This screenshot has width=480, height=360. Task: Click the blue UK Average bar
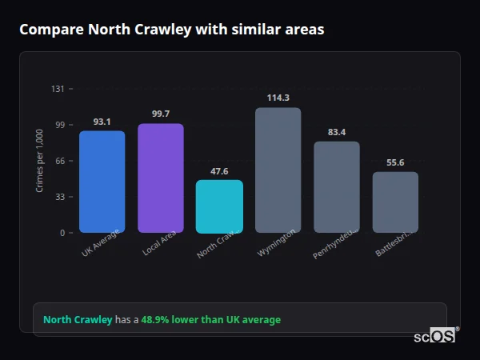[x=102, y=182]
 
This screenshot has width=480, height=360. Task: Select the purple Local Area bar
[x=160, y=178]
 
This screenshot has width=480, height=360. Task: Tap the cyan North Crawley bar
[x=219, y=206]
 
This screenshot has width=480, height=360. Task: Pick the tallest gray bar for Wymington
[x=278, y=170]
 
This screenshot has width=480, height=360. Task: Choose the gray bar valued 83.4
[x=337, y=187]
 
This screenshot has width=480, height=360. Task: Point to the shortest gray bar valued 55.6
[x=395, y=202]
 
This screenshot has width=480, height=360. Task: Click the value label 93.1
[x=102, y=122]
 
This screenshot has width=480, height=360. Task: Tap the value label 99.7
[x=160, y=114]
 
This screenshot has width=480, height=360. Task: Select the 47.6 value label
[x=219, y=171]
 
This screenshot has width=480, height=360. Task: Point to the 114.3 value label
[x=278, y=98]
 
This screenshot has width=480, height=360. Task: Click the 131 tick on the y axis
[x=58, y=89]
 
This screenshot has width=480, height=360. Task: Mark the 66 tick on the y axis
[x=60, y=161]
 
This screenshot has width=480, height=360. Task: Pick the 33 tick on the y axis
[x=60, y=197]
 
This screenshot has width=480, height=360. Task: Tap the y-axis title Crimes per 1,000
[x=39, y=161]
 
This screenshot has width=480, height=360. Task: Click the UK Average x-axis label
[x=101, y=242]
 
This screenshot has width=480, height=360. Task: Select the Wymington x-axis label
[x=277, y=242]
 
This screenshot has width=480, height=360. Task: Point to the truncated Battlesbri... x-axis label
[x=394, y=242]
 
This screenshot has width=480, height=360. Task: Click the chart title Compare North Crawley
[x=171, y=30]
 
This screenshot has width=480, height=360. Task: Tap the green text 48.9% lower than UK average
[x=210, y=320]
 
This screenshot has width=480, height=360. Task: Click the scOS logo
[x=434, y=336]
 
